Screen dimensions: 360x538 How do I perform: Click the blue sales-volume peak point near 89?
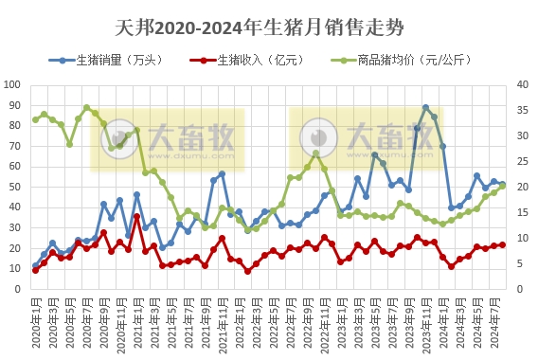425,107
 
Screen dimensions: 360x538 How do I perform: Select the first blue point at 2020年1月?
35,265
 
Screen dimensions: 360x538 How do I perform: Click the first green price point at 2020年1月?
35,119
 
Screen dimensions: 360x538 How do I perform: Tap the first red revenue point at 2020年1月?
35,270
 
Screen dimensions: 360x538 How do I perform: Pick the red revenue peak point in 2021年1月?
136,216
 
